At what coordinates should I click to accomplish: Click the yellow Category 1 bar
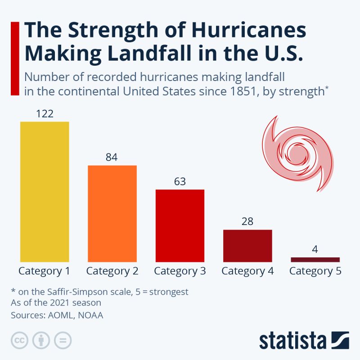click(x=45, y=192)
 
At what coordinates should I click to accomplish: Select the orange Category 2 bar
click(x=112, y=213)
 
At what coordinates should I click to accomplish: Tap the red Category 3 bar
click(x=180, y=225)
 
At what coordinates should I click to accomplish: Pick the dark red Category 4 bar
click(x=247, y=246)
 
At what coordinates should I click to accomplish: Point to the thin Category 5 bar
click(x=315, y=259)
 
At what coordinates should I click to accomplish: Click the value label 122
click(x=45, y=113)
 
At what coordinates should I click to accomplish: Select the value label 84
click(x=112, y=157)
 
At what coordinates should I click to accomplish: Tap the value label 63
click(x=180, y=181)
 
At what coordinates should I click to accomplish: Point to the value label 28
click(x=247, y=221)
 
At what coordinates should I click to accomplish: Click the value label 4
click(x=315, y=249)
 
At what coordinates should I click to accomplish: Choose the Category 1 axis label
click(x=44, y=271)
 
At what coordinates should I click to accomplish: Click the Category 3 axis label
click(x=180, y=271)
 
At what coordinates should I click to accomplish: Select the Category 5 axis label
click(x=315, y=271)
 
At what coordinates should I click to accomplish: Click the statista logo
click(x=304, y=340)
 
